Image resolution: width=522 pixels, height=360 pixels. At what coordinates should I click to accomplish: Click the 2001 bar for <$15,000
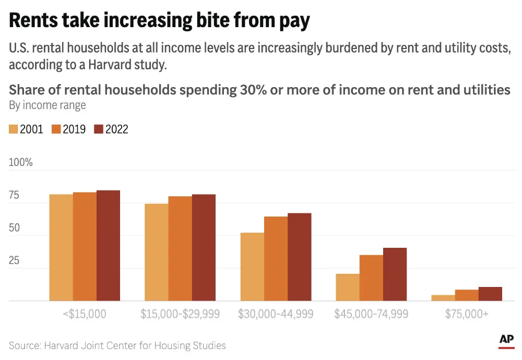61,248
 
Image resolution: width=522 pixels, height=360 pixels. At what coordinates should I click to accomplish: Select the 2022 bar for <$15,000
108,246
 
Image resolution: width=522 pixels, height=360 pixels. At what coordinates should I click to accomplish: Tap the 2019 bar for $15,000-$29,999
180,249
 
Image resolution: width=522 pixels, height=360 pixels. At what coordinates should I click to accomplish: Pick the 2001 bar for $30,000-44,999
252,267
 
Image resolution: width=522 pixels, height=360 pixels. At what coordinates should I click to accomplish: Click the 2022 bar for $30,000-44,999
299,257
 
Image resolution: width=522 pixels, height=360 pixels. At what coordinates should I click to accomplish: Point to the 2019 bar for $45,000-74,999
371,278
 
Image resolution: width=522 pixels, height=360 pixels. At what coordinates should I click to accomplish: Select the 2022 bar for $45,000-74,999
395,274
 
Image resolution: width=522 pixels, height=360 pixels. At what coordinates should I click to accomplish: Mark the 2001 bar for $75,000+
443,298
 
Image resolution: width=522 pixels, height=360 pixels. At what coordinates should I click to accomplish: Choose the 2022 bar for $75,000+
490,294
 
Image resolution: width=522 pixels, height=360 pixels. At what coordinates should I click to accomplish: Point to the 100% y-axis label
21,162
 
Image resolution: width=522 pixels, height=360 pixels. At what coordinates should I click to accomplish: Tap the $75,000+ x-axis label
467,314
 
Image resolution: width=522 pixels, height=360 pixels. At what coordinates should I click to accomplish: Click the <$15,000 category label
85,314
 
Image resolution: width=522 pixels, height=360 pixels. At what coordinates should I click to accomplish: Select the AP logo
506,340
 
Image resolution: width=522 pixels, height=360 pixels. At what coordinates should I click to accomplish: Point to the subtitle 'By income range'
48,105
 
